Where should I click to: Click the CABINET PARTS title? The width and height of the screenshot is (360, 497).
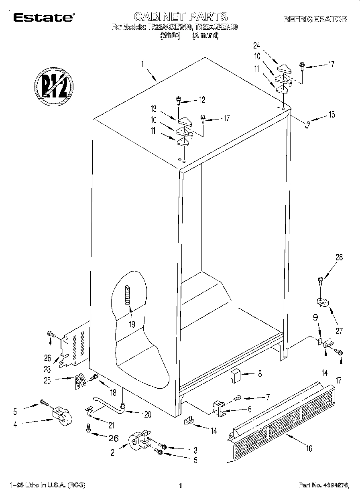pos(180,17)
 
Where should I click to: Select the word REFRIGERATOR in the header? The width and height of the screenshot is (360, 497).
pos(315,19)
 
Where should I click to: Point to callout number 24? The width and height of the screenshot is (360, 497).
pos(257,45)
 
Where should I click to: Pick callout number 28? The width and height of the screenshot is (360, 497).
pos(339,258)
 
